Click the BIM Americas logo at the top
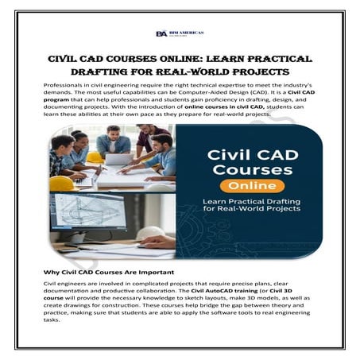(180, 33)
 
